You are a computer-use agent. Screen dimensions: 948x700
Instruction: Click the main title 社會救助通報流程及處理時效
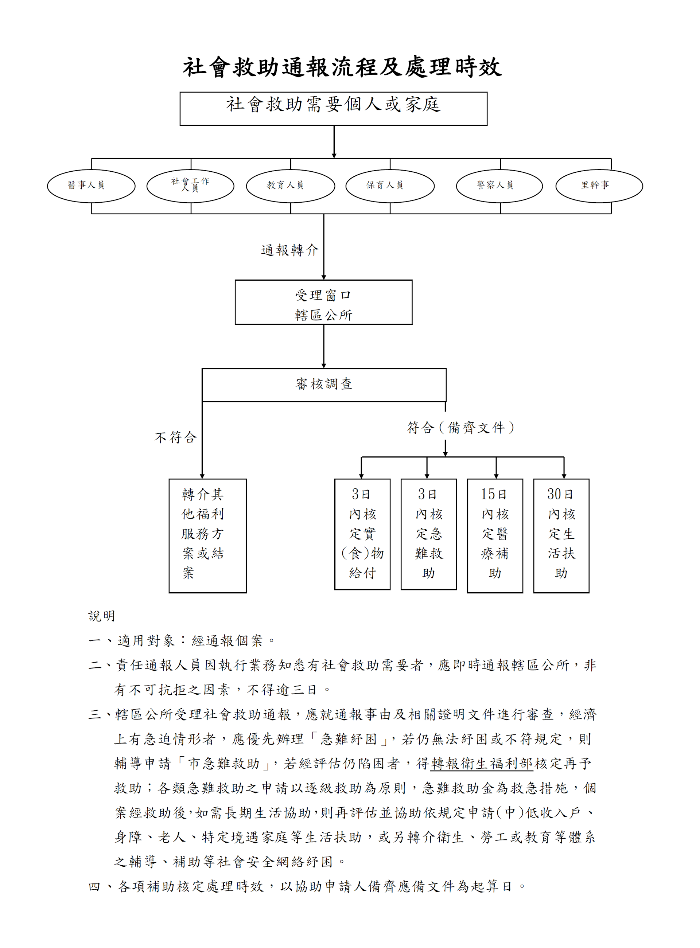point(342,67)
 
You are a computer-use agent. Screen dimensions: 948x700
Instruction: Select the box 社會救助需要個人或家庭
point(334,109)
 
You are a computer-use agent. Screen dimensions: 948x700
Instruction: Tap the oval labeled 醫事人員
point(91,186)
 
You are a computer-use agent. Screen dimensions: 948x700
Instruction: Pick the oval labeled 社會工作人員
point(190,186)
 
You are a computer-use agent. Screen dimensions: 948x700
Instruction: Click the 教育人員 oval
point(290,186)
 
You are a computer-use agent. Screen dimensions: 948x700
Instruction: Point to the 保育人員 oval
point(390,186)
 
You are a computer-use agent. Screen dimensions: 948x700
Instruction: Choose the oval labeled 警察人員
point(499,186)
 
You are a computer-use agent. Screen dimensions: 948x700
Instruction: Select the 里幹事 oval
point(599,186)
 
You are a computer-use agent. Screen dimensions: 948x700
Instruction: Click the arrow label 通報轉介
point(290,250)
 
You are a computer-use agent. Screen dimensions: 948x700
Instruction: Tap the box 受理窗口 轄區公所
point(323,302)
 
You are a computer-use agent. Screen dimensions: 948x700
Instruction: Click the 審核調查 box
point(324,384)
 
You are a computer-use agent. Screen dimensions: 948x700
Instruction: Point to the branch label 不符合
point(176,437)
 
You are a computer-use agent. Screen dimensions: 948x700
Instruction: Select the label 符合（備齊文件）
point(460,428)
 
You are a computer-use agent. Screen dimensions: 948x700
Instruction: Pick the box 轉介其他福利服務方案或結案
point(207,535)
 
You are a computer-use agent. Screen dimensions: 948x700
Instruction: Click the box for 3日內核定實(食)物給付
point(362,534)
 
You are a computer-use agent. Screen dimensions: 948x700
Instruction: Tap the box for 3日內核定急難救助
point(428,534)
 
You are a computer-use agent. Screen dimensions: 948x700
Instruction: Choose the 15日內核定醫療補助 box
point(495,535)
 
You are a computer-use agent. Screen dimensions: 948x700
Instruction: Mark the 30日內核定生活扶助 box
point(561,535)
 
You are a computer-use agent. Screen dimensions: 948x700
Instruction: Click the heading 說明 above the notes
point(102,616)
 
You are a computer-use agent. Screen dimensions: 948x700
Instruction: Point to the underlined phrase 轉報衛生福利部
point(481,764)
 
